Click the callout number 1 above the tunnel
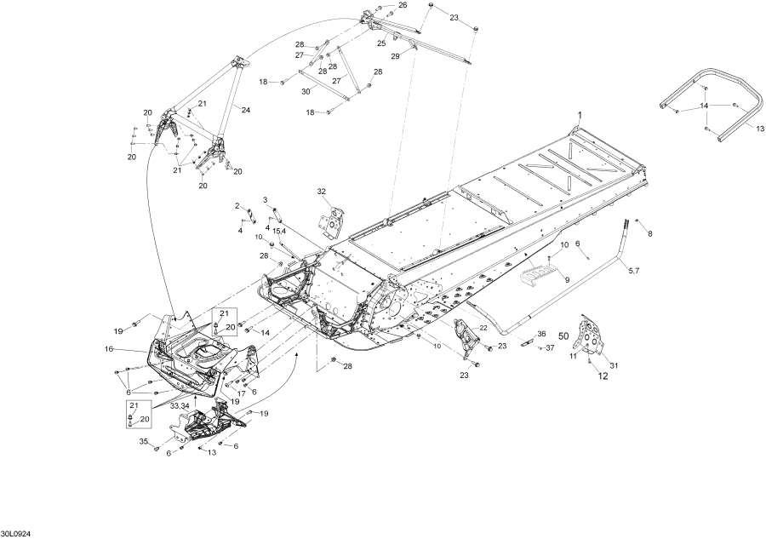pyautogui.click(x=580, y=114)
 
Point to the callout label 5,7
pyautogui.click(x=635, y=270)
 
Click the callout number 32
pyautogui.click(x=322, y=191)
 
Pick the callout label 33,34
pyautogui.click(x=180, y=405)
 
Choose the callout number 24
pyautogui.click(x=246, y=109)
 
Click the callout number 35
pyautogui.click(x=143, y=441)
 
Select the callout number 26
pyautogui.click(x=403, y=5)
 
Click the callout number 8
pyautogui.click(x=651, y=233)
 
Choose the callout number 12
pyautogui.click(x=602, y=376)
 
